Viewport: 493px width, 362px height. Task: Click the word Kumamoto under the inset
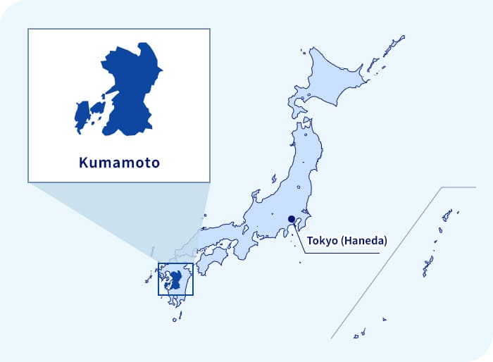(x=119, y=163)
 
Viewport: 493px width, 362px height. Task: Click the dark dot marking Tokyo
(x=292, y=219)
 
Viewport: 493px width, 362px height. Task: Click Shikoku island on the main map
(x=211, y=260)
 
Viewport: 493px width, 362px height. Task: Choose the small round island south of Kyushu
(x=175, y=319)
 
